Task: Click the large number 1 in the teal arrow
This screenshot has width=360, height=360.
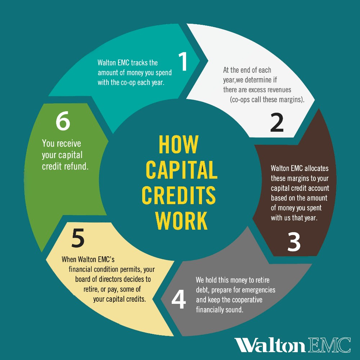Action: coord(184,62)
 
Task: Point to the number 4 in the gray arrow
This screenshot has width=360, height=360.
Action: coord(179,300)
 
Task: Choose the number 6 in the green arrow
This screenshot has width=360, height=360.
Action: coord(63,122)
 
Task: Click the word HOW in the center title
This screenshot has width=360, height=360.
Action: coord(178,145)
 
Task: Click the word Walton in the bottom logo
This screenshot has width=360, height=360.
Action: coord(270,345)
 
